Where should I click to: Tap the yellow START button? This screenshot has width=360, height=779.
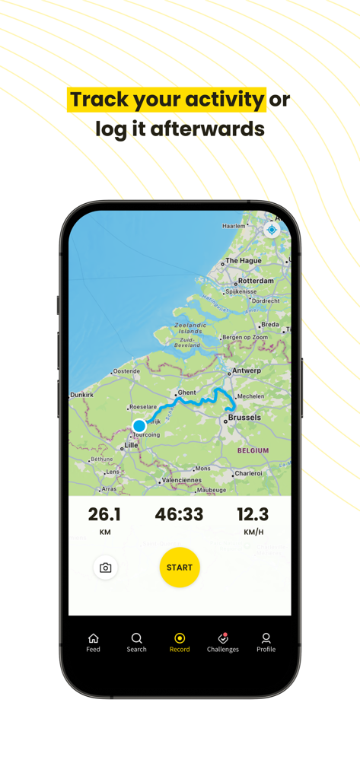(x=180, y=568)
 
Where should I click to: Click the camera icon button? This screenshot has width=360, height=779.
(x=106, y=568)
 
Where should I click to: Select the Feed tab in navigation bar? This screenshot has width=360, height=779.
(x=93, y=643)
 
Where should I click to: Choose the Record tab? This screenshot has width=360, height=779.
(x=180, y=643)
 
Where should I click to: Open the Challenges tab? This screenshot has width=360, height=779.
(x=223, y=643)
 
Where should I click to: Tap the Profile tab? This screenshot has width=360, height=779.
(x=266, y=643)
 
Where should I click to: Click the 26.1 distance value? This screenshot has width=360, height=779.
(x=104, y=515)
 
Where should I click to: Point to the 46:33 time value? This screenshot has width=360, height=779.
(x=179, y=515)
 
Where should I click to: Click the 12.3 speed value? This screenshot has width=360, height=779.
(x=253, y=515)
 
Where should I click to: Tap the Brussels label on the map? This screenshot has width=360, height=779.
(x=244, y=418)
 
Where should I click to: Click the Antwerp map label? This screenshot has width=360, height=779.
(x=247, y=371)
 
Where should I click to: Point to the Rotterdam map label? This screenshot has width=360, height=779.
(x=256, y=281)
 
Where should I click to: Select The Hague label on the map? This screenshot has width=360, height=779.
(x=244, y=261)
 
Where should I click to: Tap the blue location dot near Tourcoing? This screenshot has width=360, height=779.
(x=139, y=426)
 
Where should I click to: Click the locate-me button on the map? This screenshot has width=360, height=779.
(x=272, y=230)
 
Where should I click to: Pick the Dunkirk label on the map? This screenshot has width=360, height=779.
(x=81, y=396)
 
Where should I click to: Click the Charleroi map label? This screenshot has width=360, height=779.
(x=248, y=473)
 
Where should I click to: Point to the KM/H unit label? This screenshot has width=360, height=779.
(x=253, y=533)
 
